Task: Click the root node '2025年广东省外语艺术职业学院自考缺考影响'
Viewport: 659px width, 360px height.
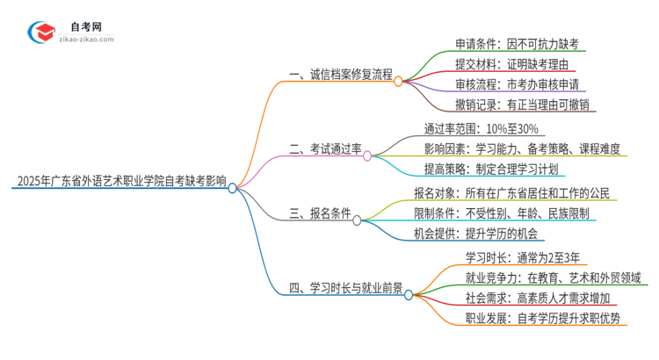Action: [120, 183]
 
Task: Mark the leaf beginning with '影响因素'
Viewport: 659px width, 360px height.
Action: [525, 149]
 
